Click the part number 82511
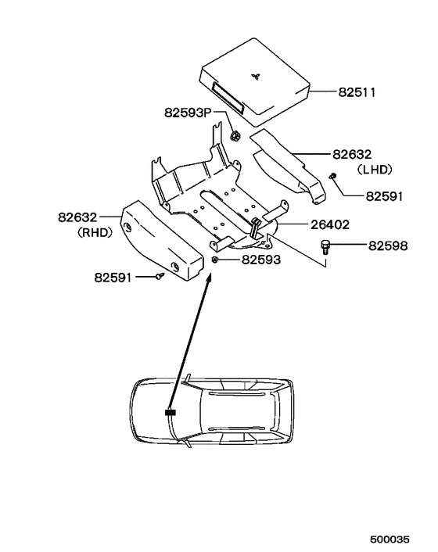pyautogui.click(x=357, y=92)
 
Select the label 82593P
pyautogui.click(x=188, y=113)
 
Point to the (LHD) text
pyautogui.click(x=374, y=168)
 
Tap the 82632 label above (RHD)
pyautogui.click(x=78, y=218)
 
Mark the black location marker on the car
pyautogui.click(x=171, y=411)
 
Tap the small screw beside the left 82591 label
pyautogui.click(x=160, y=275)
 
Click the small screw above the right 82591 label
pyautogui.click(x=332, y=177)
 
